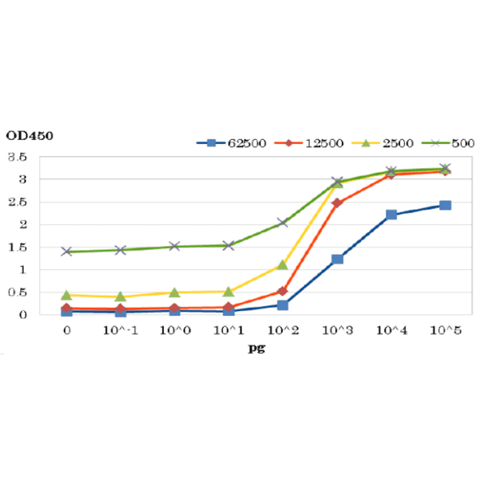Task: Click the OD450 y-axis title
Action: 30,135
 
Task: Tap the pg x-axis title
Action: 256,348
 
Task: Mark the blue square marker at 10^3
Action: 337,259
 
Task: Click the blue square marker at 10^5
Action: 445,205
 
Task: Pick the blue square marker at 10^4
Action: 391,215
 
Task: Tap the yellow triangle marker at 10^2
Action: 283,265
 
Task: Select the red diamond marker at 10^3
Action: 337,203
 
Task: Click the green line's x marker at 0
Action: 66,251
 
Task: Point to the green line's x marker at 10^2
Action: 283,223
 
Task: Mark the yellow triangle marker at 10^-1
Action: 120,296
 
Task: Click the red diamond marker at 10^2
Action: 283,291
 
